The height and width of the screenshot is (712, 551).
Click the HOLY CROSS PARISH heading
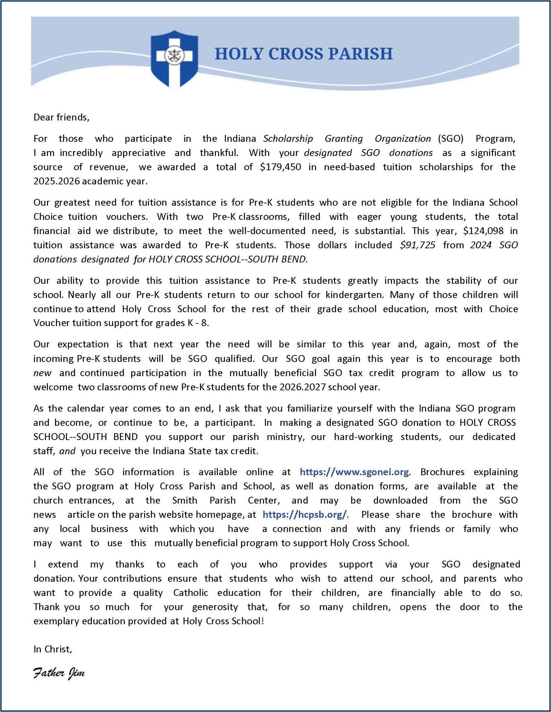pos(303,54)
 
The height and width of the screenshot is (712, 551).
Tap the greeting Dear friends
pos(61,117)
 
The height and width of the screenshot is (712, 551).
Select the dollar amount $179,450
pos(281,167)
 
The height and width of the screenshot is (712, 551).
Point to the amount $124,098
pos(483,231)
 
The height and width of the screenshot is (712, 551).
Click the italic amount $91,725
pos(417,245)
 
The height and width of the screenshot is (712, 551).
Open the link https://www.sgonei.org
pos(354,472)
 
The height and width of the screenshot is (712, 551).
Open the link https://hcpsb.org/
pos(305,514)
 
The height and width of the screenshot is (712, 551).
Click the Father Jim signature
pos(59,673)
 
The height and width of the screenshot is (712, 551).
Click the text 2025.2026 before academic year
pos(56,181)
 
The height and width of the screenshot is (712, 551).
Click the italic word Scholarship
pos(288,139)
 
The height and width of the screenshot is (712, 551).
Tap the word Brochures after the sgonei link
pos(442,472)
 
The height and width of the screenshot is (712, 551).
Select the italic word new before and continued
pos(42,373)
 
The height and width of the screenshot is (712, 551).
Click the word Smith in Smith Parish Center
pos(185,500)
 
